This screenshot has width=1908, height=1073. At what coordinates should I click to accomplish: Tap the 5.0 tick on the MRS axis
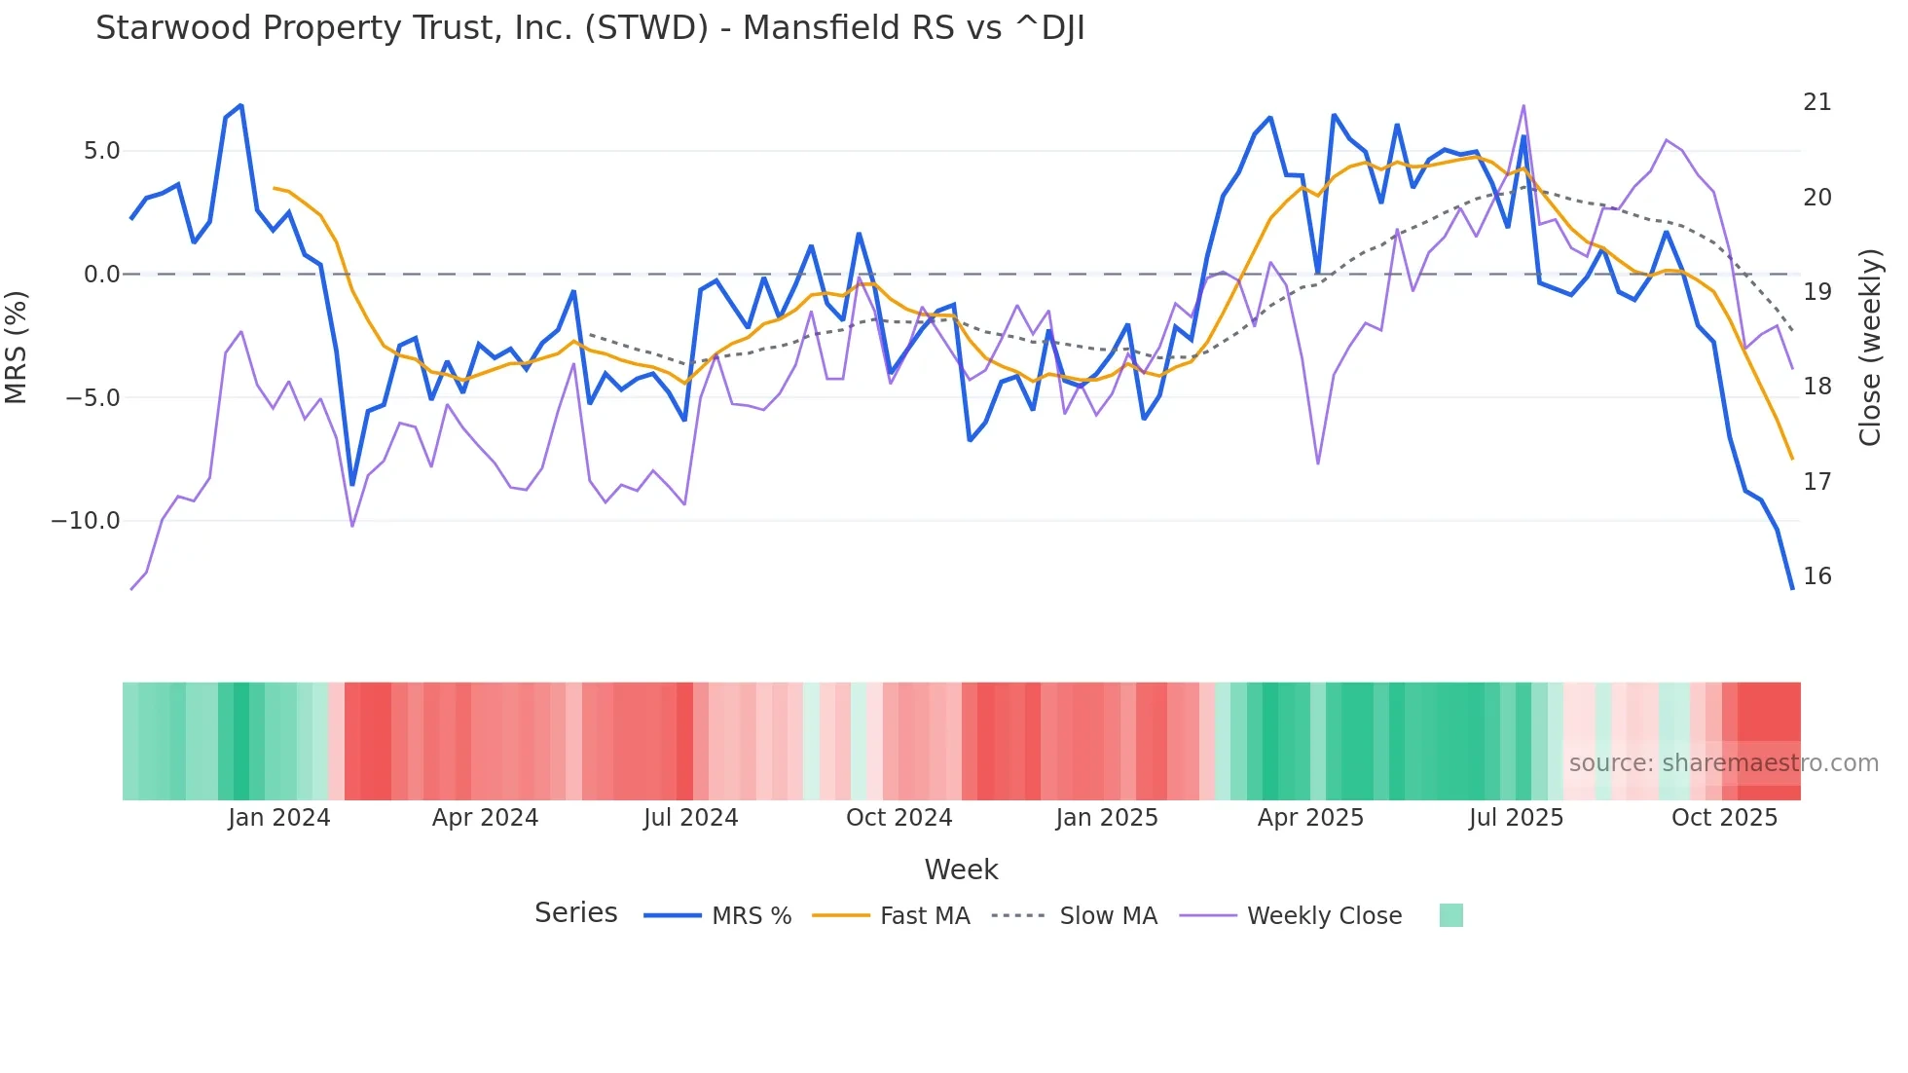point(101,151)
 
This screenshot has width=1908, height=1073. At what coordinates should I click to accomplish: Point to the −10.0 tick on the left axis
point(86,521)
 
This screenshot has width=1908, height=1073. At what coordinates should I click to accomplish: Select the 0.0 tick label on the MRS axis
point(101,275)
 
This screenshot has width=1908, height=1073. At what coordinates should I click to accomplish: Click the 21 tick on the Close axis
point(1816,102)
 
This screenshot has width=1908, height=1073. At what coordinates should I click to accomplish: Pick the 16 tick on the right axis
point(1816,576)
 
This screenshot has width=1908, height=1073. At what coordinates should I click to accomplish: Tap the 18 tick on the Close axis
point(1816,387)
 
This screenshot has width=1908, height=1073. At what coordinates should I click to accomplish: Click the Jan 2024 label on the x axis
point(279,818)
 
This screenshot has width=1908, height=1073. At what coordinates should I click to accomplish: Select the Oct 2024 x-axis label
point(899,818)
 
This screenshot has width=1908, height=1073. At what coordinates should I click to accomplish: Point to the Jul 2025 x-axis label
point(1516,818)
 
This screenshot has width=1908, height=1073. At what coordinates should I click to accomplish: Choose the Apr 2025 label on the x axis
point(1310,818)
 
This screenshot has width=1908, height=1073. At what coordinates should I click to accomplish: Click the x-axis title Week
point(961,869)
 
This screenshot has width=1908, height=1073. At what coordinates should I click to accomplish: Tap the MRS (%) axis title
point(17,347)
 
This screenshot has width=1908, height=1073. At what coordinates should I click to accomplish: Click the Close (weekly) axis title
point(1870,347)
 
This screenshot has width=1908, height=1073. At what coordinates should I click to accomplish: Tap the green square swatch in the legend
point(1450,915)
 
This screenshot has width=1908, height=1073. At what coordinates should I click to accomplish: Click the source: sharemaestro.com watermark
point(1723,763)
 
